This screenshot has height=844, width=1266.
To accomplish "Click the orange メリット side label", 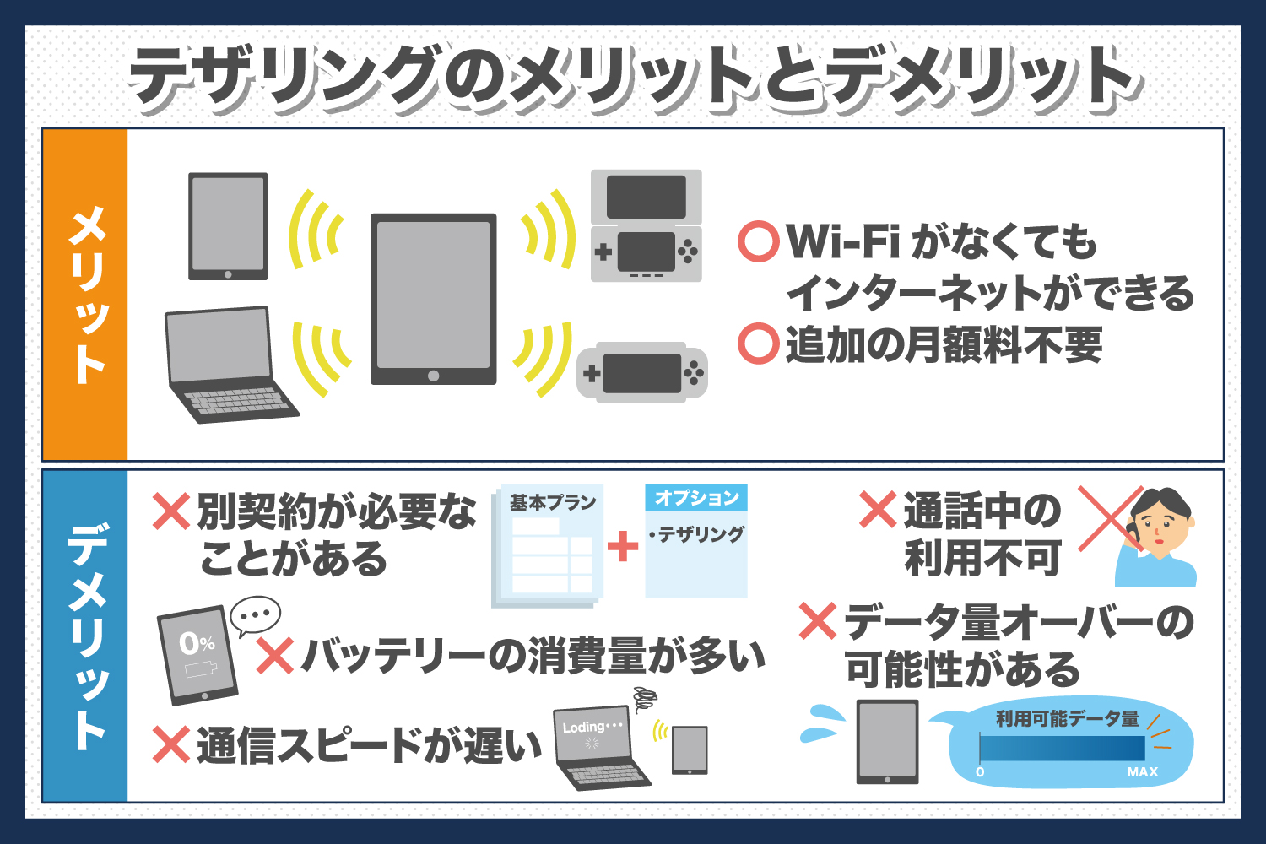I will [x=84, y=295].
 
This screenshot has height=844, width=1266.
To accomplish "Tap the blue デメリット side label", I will [x=84, y=636].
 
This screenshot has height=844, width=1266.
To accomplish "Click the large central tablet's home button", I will [x=433, y=376].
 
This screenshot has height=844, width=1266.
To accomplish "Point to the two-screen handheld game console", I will [x=647, y=226].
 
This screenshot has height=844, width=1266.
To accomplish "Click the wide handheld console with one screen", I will [x=642, y=372].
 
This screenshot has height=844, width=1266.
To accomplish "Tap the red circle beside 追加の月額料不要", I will [x=757, y=344].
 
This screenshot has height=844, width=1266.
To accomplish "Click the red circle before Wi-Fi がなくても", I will [x=757, y=241].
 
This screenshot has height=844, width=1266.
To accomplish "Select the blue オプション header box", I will [x=696, y=498].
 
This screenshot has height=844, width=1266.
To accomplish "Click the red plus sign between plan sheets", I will [x=623, y=546].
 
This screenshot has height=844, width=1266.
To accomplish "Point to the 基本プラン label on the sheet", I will [x=553, y=503].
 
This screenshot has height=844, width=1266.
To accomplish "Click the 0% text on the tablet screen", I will [x=197, y=644].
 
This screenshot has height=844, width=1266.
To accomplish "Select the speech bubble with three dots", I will [x=255, y=616].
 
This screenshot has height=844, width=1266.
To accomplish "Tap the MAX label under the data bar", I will [x=1142, y=772].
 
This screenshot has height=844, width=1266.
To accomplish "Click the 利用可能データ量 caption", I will [x=1067, y=719].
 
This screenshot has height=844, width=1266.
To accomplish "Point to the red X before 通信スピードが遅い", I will [x=171, y=745].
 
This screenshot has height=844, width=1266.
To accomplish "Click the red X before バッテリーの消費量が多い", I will [x=275, y=656].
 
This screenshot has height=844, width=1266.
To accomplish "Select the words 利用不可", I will [x=982, y=558].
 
